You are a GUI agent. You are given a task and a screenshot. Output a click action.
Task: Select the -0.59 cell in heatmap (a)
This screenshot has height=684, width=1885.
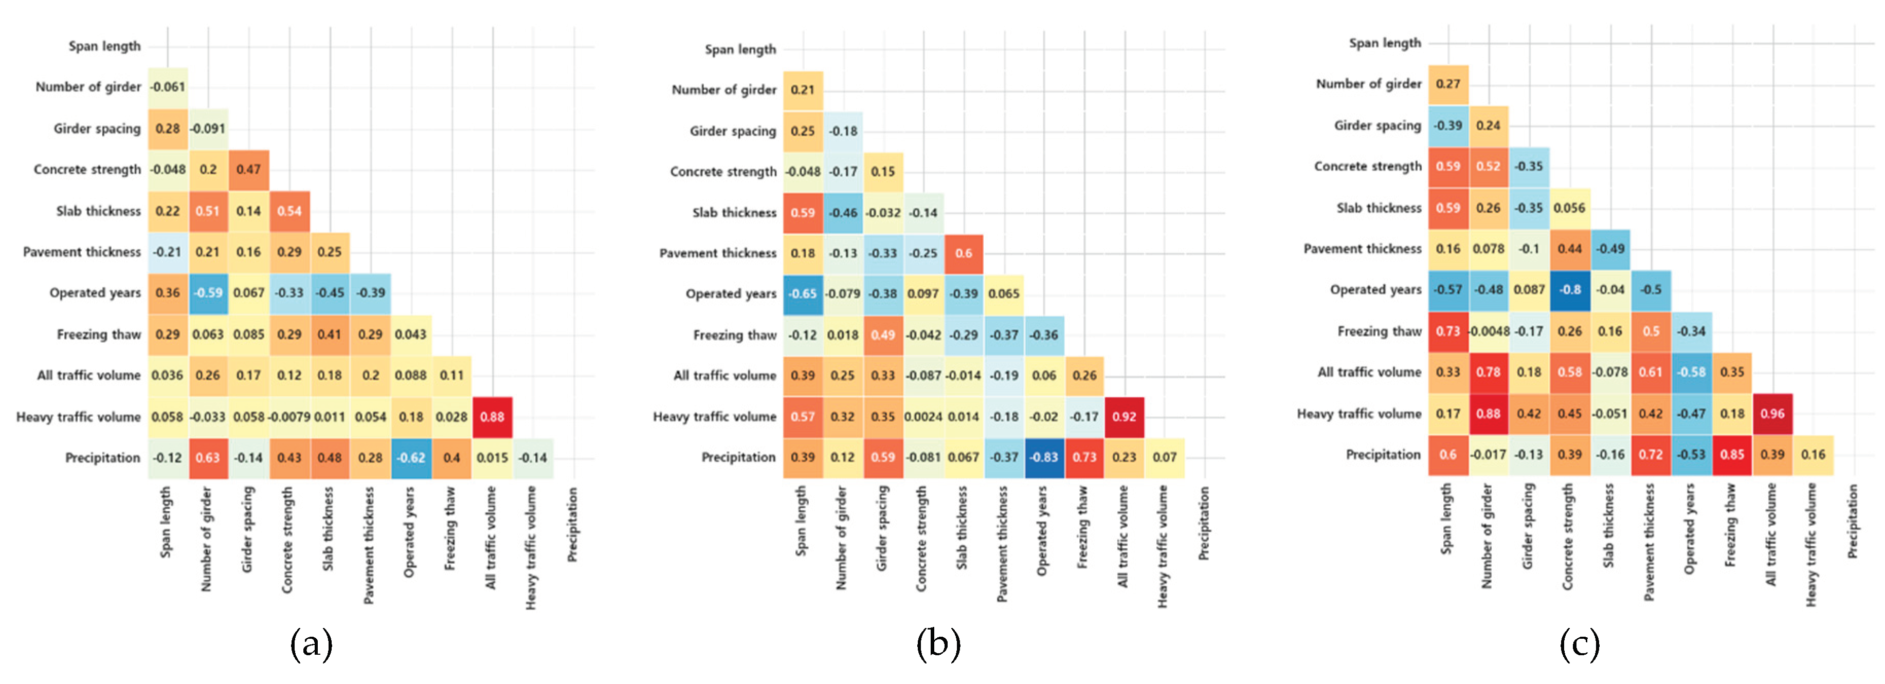[208, 292]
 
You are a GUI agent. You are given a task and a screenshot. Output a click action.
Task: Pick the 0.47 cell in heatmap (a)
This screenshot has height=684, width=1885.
[249, 170]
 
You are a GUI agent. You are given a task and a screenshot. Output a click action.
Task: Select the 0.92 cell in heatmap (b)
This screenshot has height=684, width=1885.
[1124, 417]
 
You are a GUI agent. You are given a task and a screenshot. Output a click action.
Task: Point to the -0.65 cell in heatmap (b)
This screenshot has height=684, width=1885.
[803, 294]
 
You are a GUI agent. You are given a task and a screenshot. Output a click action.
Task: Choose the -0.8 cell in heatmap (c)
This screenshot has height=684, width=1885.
[1570, 290]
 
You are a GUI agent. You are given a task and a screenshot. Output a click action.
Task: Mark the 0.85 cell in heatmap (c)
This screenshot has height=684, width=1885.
[1732, 455]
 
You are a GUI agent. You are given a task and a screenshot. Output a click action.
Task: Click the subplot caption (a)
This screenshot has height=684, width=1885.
[311, 644]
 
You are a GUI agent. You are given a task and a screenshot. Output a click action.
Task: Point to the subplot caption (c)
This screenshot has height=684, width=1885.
[1579, 644]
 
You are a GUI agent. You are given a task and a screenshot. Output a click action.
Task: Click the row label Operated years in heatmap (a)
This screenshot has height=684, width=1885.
[95, 292]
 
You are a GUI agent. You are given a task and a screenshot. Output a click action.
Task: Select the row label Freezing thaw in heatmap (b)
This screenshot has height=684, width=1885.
[735, 335]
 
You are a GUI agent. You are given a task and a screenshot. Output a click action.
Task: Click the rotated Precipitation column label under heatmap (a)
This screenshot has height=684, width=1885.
[572, 525]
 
